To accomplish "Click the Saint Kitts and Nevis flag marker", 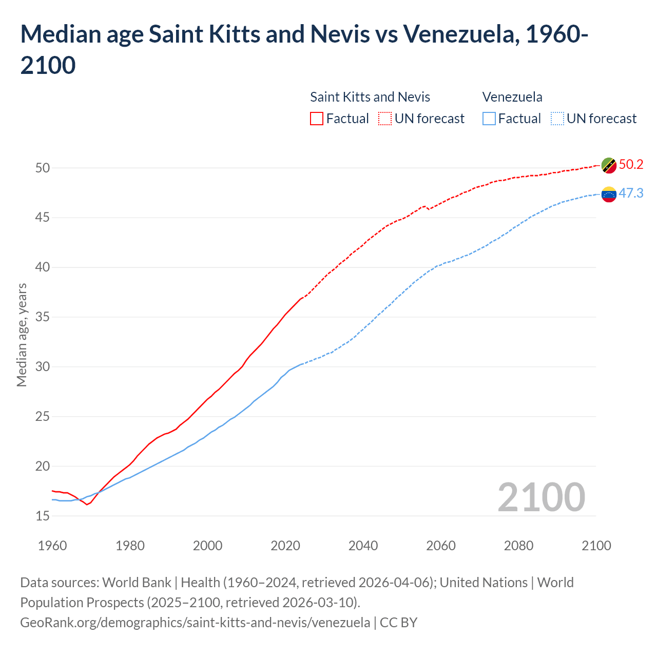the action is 609,165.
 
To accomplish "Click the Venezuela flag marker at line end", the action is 609,194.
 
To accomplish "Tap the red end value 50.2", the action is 631,164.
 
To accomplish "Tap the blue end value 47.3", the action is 631,193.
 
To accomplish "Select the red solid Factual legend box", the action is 317,119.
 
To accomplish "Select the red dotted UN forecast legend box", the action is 385,119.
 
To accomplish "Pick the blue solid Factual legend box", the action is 489,119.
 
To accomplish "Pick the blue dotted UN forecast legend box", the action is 557,119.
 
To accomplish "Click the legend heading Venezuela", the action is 512,97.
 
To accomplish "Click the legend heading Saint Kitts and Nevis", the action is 370,97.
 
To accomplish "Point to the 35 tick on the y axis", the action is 43,317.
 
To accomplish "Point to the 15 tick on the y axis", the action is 43,516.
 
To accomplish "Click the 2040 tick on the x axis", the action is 363,545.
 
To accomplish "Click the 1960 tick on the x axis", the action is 52,545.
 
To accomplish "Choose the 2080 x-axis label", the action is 518,545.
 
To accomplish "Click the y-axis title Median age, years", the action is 22,335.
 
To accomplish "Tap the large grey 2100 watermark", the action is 541,497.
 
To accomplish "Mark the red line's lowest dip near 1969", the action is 87,505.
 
